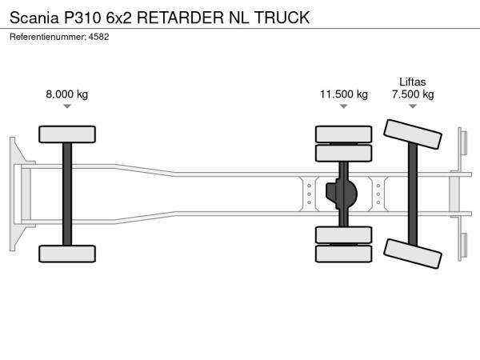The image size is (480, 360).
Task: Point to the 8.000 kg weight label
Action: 67,94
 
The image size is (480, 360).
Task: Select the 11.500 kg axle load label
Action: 344,94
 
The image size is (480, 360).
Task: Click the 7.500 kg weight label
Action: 413,94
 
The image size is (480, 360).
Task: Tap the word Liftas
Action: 413,81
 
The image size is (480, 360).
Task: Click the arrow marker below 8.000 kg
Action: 67,107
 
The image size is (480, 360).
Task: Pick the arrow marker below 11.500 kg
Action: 344,107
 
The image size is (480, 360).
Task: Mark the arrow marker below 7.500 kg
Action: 413,107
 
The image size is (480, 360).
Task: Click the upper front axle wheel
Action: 67,134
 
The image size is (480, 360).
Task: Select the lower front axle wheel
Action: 67,254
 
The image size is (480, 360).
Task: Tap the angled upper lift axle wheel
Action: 413,134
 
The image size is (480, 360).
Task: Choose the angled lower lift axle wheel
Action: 413,254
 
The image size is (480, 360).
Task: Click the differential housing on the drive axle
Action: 343,194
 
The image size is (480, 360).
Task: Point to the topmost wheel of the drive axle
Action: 343,134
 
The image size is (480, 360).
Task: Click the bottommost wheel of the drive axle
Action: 343,254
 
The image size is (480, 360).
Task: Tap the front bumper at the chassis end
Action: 14,194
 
